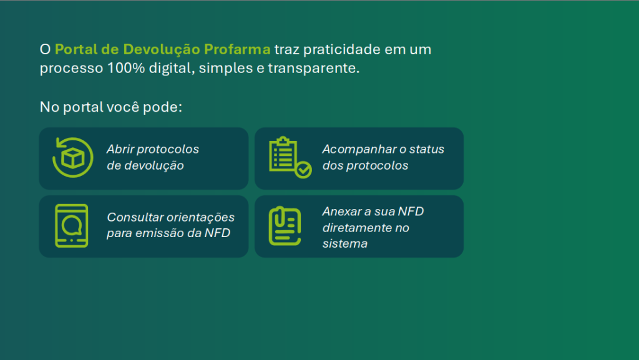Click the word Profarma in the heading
tap(237, 49)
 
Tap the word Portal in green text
tap(76, 49)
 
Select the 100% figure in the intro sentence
tap(126, 68)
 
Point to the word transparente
tap(313, 69)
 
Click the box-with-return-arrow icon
tap(73, 158)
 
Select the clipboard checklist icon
tap(290, 158)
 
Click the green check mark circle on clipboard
tap(304, 170)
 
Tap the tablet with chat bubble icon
tap(72, 226)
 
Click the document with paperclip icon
tap(285, 226)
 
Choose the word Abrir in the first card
tap(120, 149)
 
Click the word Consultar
tap(135, 217)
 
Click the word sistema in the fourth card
tap(344, 243)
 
